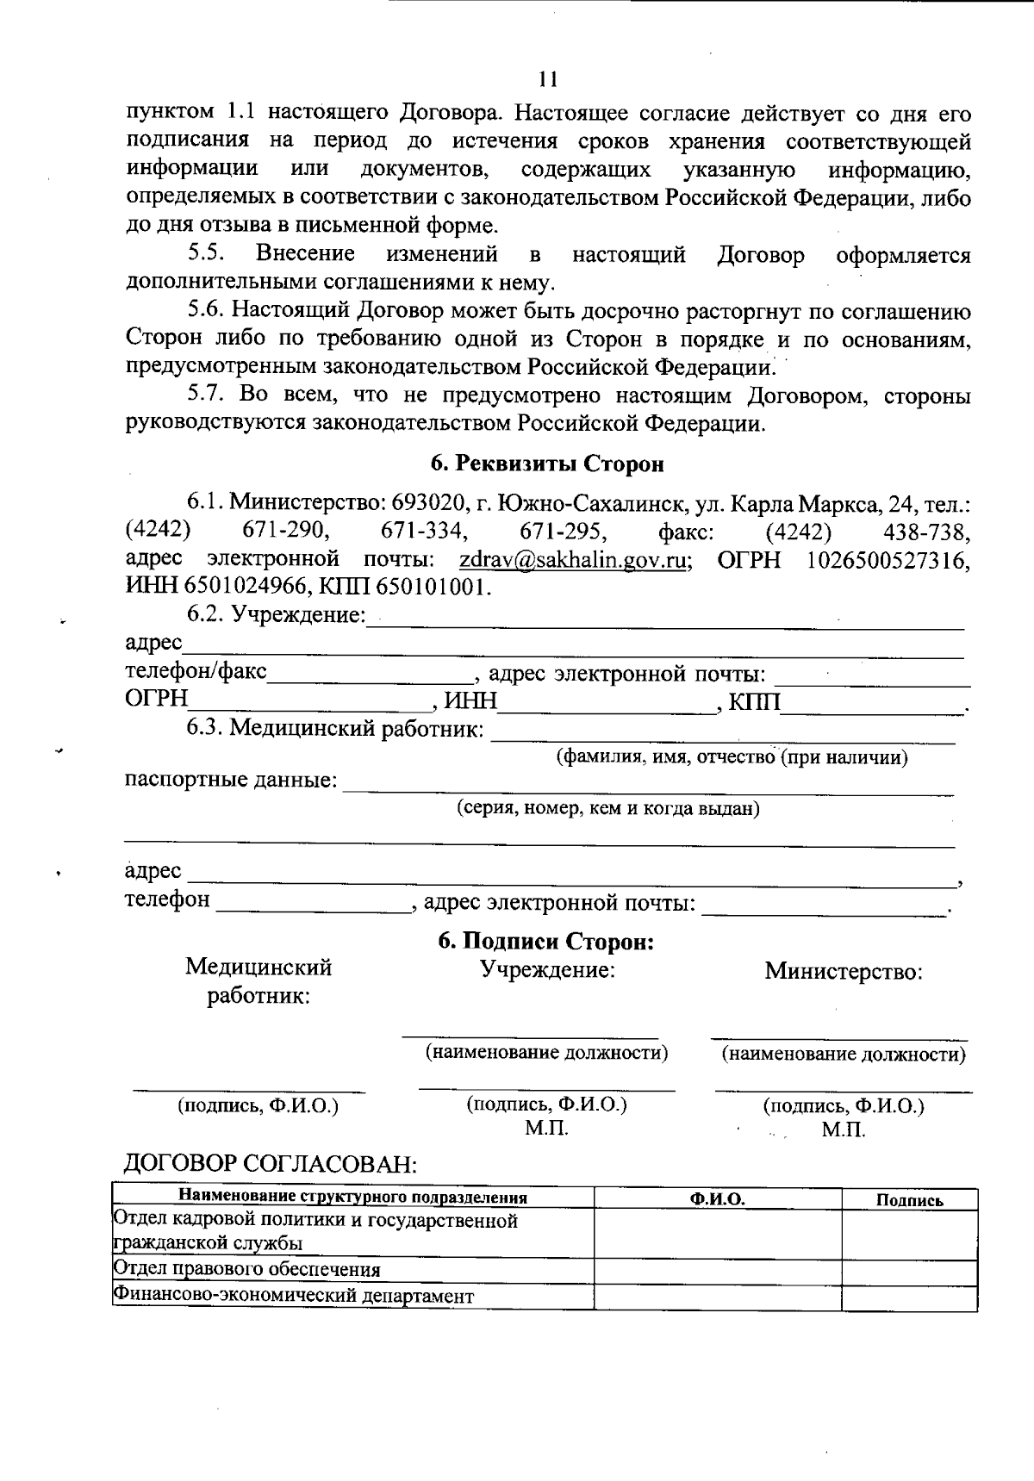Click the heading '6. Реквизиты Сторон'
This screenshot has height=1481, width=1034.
click(547, 464)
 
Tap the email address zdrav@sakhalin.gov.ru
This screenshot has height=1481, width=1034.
click(573, 560)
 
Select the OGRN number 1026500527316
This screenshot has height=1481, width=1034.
click(888, 560)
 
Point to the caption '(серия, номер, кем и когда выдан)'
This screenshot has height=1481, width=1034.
click(607, 809)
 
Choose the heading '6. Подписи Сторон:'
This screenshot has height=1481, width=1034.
click(546, 942)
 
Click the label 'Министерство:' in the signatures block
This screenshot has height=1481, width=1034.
click(844, 972)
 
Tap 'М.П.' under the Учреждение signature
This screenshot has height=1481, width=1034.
click(546, 1128)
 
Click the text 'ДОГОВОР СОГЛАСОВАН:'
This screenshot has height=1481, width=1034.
click(271, 1165)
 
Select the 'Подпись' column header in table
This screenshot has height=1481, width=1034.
click(909, 1200)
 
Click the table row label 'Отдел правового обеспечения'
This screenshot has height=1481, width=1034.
click(247, 1270)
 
